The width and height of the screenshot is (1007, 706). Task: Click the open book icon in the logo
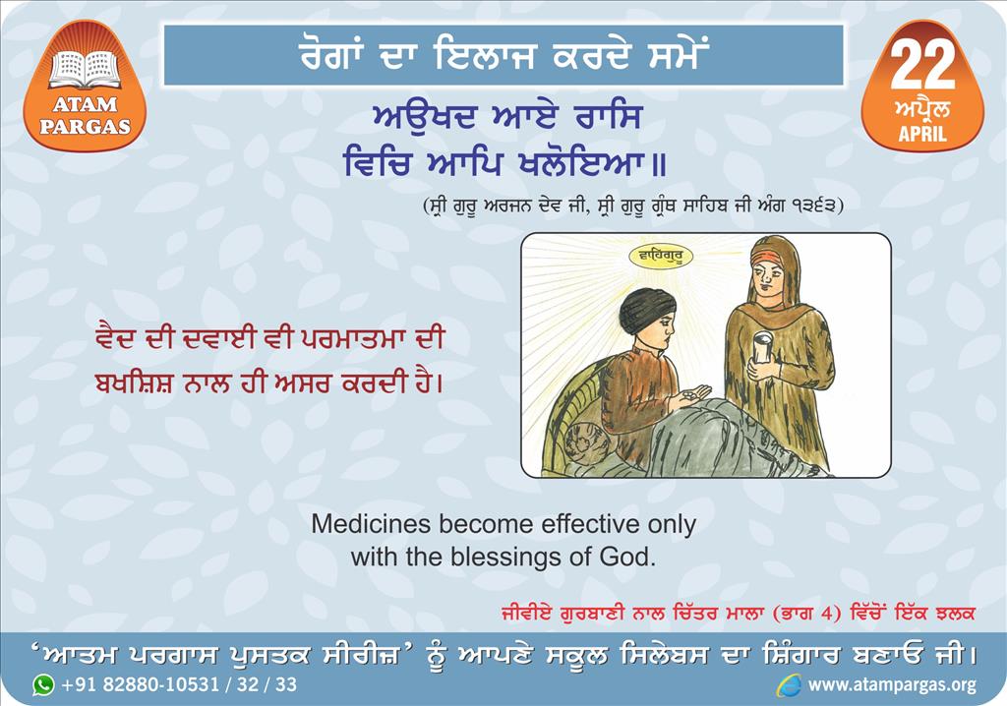coord(85,70)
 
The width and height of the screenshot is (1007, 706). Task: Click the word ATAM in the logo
coord(85,104)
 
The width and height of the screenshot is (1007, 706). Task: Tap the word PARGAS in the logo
coord(85,125)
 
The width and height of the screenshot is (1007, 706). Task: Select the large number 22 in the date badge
coord(922,66)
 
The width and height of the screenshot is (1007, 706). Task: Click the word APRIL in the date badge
coord(922,134)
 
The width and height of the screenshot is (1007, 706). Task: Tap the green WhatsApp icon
coord(43,684)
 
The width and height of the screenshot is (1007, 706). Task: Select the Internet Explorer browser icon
coord(789,685)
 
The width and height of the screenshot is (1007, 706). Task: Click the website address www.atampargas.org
coord(892,685)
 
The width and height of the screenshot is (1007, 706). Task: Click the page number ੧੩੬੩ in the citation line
coord(812,206)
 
